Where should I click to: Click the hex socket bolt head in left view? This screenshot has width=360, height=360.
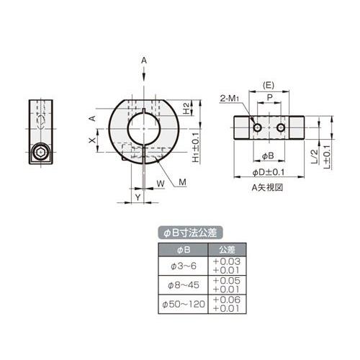pos(40,152)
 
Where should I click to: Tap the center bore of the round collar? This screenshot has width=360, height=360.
pos(144,129)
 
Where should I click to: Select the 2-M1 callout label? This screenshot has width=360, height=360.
pos(230,98)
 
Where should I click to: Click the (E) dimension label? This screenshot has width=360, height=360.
pos(269,86)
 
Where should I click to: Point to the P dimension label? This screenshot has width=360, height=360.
pos(270,97)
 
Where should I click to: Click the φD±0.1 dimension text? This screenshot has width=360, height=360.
pos(269,172)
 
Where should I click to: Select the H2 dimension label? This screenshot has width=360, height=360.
pos(186,108)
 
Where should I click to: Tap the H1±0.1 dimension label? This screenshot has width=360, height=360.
pos(196,148)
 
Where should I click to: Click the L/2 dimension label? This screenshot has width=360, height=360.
pos(314,157)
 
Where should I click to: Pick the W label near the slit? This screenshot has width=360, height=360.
pos(161,184)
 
